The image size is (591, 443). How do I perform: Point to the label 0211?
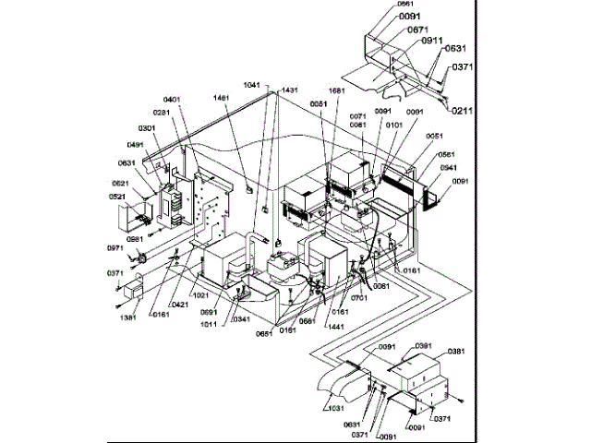tap(464, 111)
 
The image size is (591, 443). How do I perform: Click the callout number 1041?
tap(253, 84)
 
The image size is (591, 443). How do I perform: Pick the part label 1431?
tap(290, 90)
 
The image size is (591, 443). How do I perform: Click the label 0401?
tap(174, 100)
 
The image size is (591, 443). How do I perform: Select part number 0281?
tap(162, 113)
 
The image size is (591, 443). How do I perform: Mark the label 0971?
tap(115, 249)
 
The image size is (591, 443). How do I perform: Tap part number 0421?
tap(180, 303)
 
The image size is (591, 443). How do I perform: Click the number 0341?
tap(242, 319)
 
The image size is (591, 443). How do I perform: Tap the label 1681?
tap(337, 92)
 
